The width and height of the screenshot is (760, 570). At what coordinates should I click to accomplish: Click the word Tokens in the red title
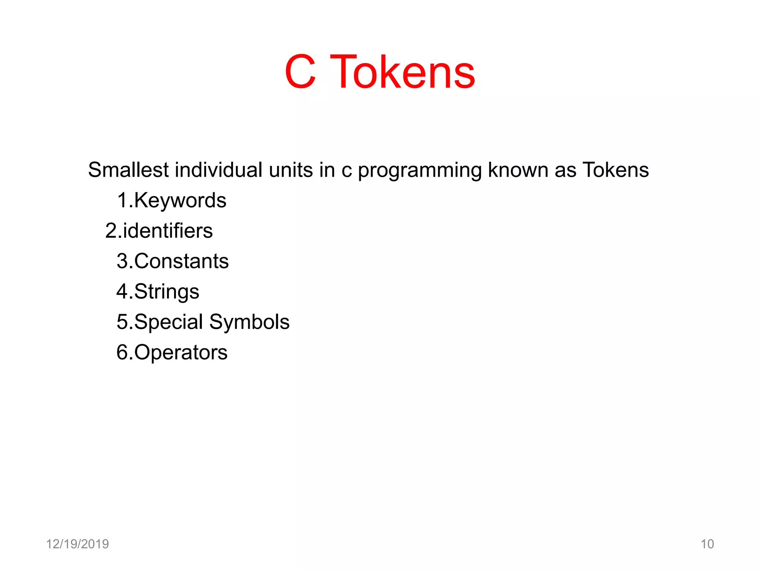pyautogui.click(x=403, y=72)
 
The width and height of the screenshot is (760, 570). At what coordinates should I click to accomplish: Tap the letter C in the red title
pyautogui.click(x=301, y=72)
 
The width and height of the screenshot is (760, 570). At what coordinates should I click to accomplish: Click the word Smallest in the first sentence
pyautogui.click(x=128, y=170)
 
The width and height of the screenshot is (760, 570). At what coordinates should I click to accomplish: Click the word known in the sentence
pyautogui.click(x=518, y=170)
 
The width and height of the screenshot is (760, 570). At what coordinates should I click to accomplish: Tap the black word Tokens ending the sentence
pyautogui.click(x=616, y=170)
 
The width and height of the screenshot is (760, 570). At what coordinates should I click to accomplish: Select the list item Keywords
pyautogui.click(x=180, y=201)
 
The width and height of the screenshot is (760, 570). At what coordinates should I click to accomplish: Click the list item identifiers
pyautogui.click(x=168, y=231)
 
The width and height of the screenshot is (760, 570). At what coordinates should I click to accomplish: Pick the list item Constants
pyautogui.click(x=181, y=261)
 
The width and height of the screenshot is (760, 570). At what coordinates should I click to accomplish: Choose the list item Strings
pyautogui.click(x=167, y=292)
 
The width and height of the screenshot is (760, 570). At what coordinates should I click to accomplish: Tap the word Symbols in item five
pyautogui.click(x=249, y=322)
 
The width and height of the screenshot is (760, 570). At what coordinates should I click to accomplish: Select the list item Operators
pyautogui.click(x=181, y=353)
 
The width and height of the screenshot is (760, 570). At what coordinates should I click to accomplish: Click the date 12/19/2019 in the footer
pyautogui.click(x=78, y=544)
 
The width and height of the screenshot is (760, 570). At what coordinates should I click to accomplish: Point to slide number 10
pyautogui.click(x=707, y=544)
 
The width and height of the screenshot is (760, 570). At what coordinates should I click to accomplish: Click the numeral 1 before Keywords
pyautogui.click(x=122, y=201)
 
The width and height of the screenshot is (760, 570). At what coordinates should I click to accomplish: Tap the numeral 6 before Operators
pyautogui.click(x=122, y=353)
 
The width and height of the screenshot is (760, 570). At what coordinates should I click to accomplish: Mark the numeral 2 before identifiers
pyautogui.click(x=111, y=231)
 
